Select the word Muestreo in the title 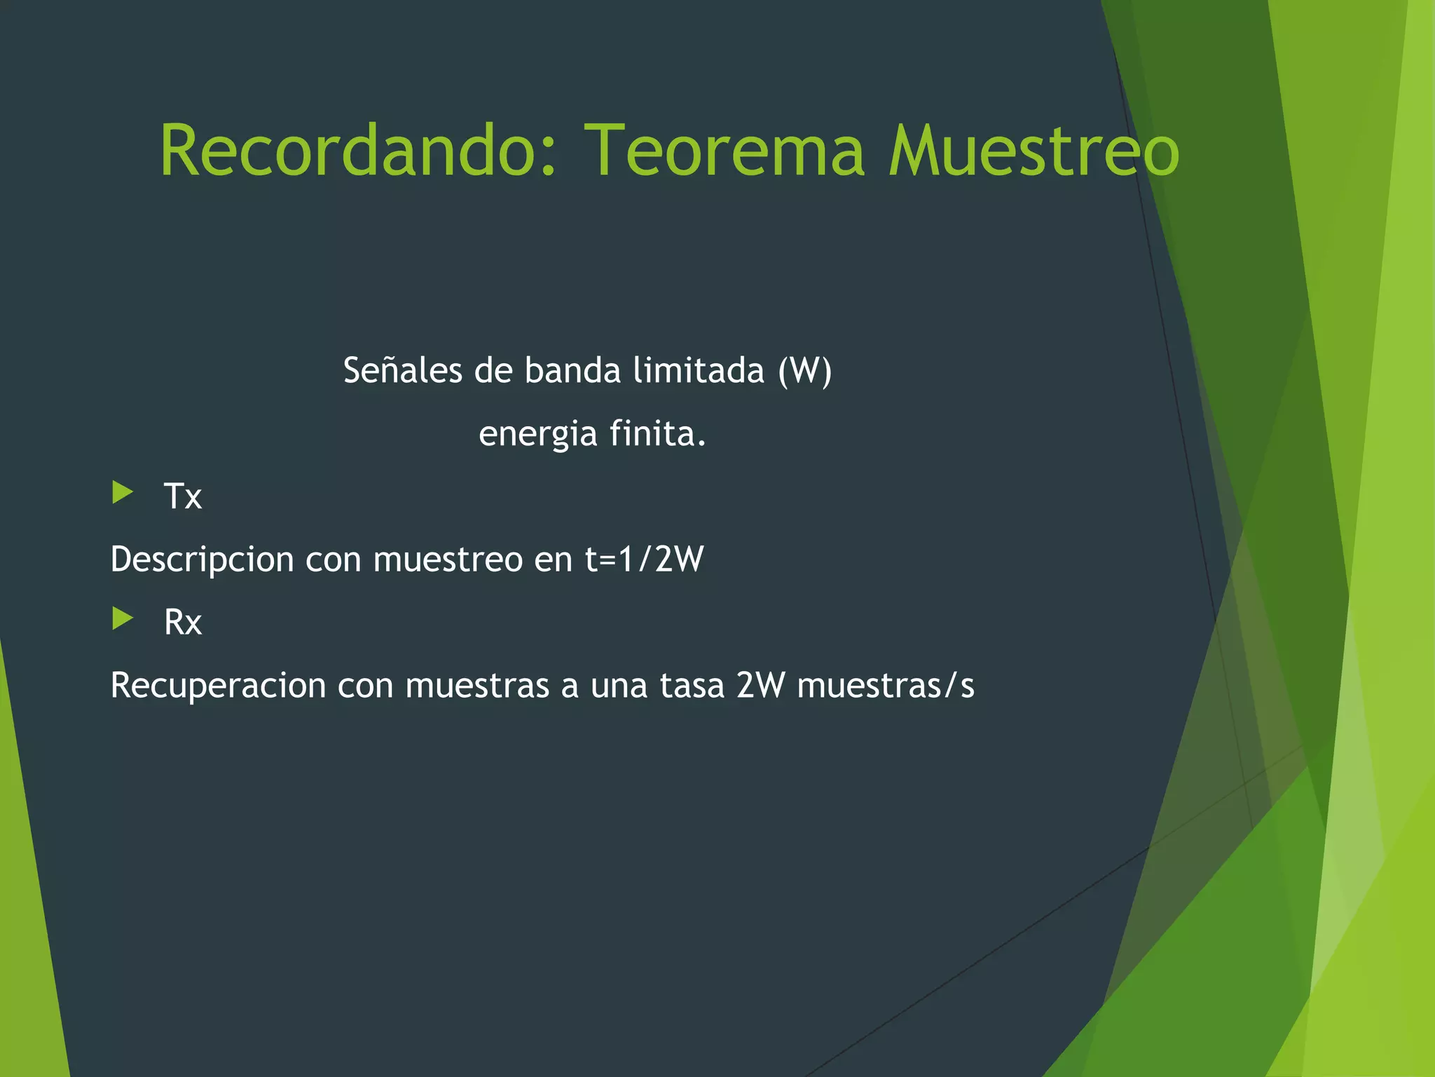(1034, 150)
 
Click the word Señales (402, 370)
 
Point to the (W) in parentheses (804, 370)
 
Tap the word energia (537, 433)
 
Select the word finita (657, 433)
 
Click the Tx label (182, 496)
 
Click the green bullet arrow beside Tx (123, 492)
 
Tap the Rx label (182, 622)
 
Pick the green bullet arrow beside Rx (123, 618)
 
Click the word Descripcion (202, 560)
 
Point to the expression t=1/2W (644, 560)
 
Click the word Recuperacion (218, 685)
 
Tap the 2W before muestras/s (760, 685)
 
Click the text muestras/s (886, 685)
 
